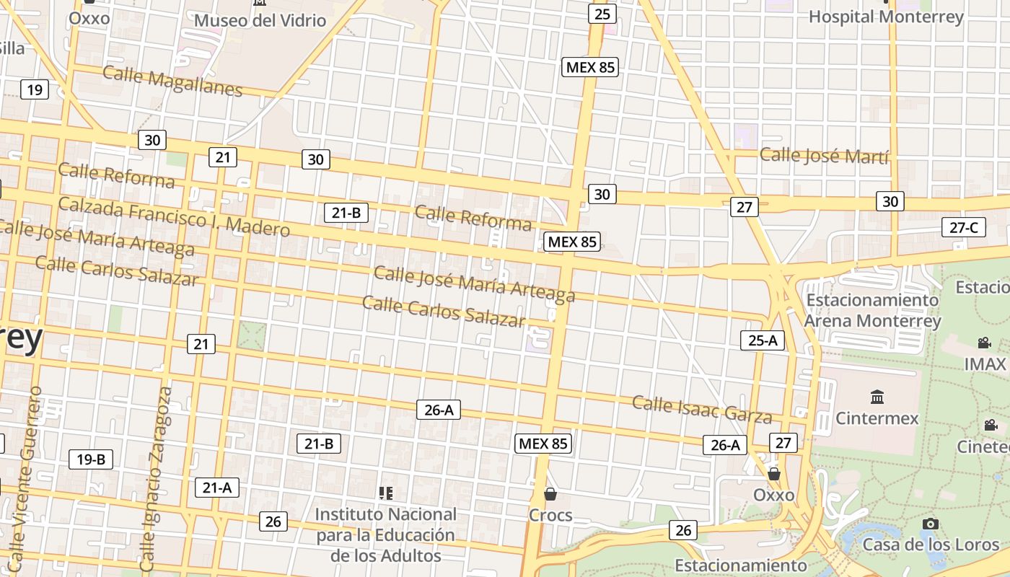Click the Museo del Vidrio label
(x=260, y=20)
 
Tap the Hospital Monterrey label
(x=886, y=17)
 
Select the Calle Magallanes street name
(x=172, y=80)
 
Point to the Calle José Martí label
(x=824, y=155)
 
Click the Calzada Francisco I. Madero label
(x=174, y=216)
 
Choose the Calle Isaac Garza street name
(x=702, y=409)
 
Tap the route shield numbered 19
(x=35, y=90)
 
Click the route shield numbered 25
(x=602, y=14)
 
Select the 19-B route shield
(x=91, y=459)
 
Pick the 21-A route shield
(x=216, y=488)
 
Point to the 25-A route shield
(x=763, y=340)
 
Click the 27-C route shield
(x=964, y=228)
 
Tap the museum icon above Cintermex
(x=877, y=397)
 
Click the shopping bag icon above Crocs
(x=550, y=494)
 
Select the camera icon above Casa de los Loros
(x=931, y=524)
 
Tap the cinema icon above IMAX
(x=984, y=343)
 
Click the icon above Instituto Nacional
(x=386, y=493)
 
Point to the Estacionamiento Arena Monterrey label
(x=872, y=310)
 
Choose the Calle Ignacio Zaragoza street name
(x=156, y=479)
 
